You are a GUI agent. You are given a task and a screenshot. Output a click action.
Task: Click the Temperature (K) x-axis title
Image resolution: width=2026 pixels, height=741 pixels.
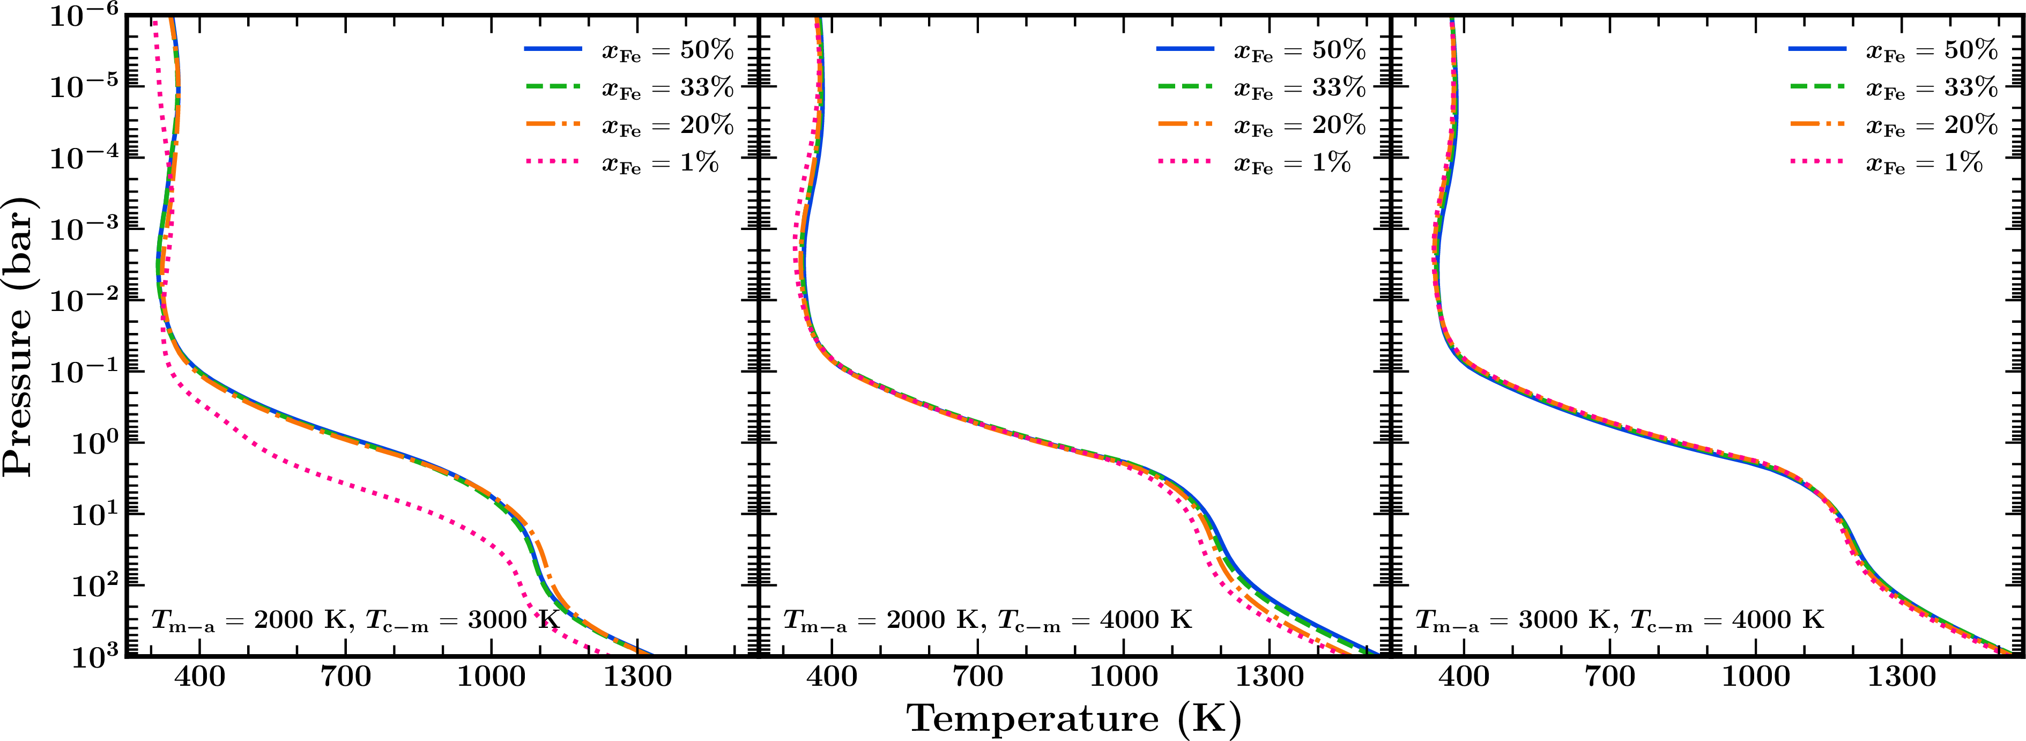click(x=1074, y=717)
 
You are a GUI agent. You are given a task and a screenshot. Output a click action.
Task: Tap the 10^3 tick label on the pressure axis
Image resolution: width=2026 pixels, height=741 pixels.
click(x=92, y=655)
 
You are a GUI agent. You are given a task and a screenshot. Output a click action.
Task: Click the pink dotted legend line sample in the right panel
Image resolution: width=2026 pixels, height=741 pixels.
click(x=1817, y=162)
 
